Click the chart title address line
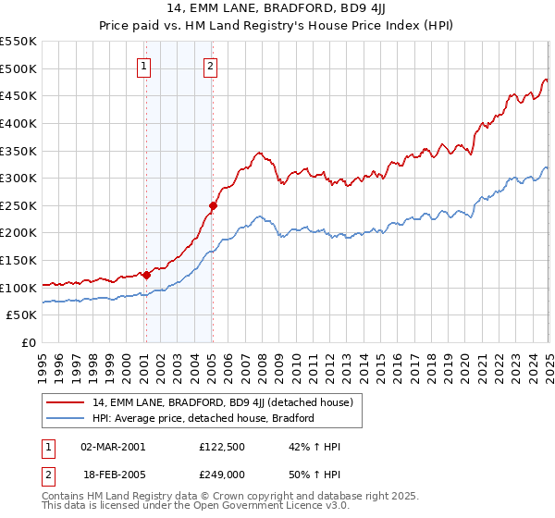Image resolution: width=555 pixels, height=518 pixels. pos(277,10)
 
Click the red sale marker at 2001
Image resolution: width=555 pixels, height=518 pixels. pos(146,275)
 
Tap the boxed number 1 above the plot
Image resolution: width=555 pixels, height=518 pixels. pos(145,66)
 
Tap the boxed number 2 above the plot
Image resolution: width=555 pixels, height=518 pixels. pos(212,66)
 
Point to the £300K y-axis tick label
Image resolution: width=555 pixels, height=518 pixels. pos(18,178)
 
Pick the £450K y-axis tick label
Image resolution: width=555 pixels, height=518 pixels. pos(18,95)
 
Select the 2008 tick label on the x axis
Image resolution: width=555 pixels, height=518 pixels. pos(263,360)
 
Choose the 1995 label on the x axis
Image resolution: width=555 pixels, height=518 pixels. pos(43,360)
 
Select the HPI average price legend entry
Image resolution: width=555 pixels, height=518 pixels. pos(203,418)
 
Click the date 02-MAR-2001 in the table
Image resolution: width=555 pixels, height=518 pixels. pos(113,446)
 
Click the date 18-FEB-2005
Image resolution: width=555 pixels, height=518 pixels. pos(113,473)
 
